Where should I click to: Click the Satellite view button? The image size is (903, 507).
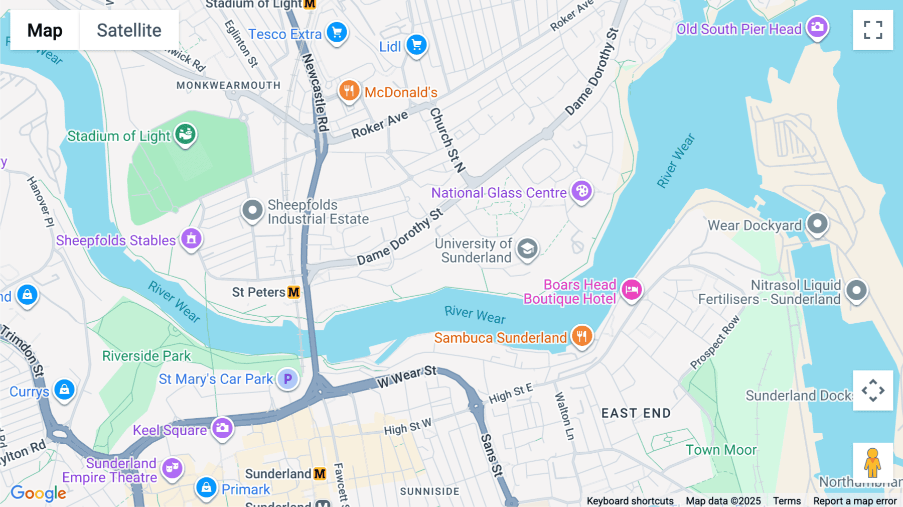(x=129, y=30)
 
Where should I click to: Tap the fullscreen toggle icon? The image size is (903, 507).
(x=873, y=30)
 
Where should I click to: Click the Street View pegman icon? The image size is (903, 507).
(x=873, y=462)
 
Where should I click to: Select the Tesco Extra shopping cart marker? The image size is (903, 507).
(x=337, y=33)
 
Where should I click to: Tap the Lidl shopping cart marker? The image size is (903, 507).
(x=416, y=45)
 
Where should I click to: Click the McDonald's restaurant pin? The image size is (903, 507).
(x=349, y=91)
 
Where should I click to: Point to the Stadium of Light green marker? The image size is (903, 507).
(x=186, y=135)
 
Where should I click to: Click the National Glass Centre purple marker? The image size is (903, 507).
(x=582, y=191)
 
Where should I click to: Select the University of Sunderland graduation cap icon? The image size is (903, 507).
(x=527, y=248)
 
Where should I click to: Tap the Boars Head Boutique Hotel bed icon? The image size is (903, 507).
(x=632, y=290)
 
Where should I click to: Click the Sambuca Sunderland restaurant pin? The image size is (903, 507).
(x=582, y=336)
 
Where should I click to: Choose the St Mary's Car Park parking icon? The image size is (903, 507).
(x=288, y=379)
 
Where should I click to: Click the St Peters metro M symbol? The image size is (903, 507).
(x=294, y=292)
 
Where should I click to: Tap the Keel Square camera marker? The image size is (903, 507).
(x=222, y=428)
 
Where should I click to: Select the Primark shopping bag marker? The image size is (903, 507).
(x=206, y=487)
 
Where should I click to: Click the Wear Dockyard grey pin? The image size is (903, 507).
(x=817, y=223)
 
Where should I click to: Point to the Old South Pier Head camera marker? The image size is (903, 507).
(x=817, y=27)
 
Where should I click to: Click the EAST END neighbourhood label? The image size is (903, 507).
(x=636, y=413)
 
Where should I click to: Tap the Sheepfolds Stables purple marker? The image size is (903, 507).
(x=191, y=238)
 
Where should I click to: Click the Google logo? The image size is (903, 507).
(x=38, y=493)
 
